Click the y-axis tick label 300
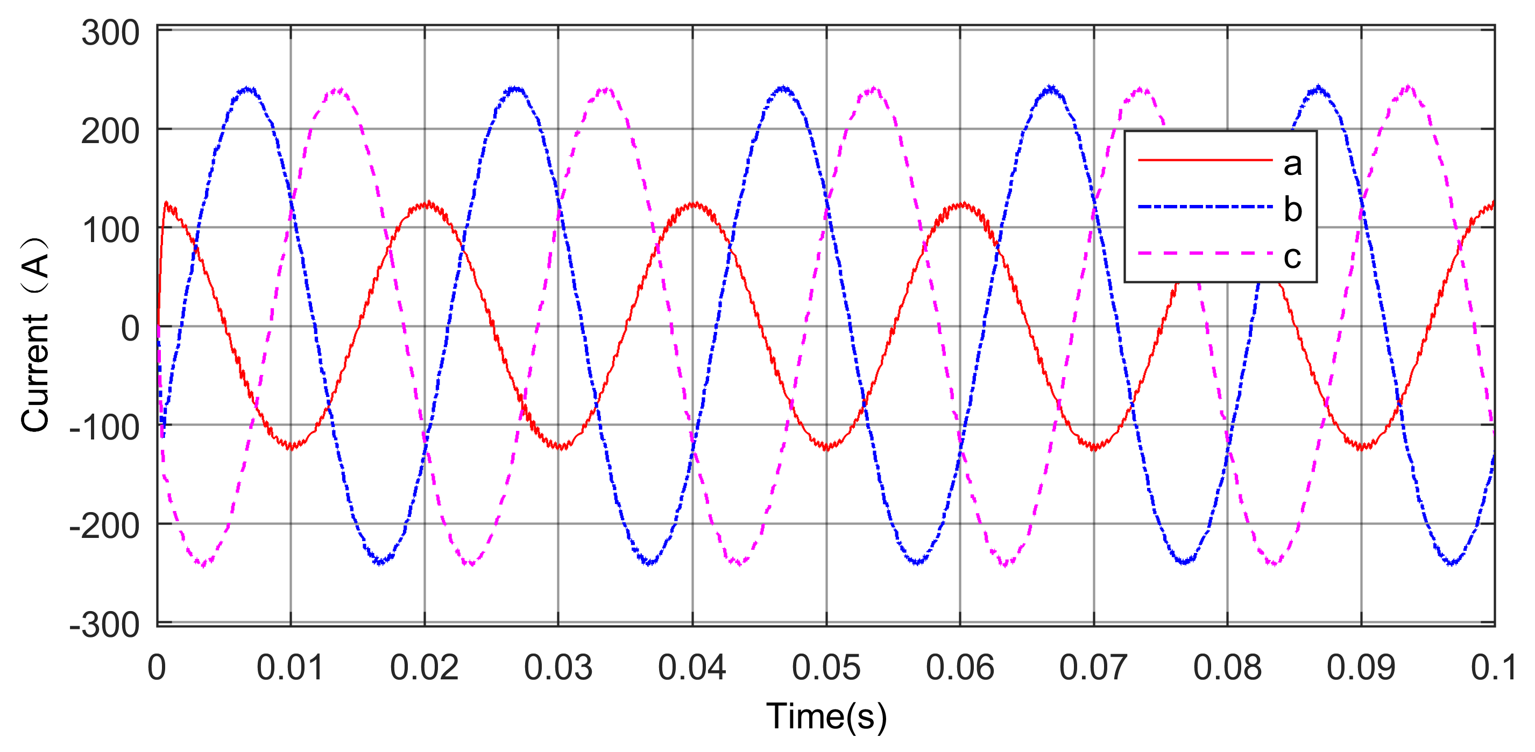point(110,33)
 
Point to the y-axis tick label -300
point(104,626)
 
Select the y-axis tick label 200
point(110,131)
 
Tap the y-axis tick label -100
point(104,427)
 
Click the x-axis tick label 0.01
point(290,668)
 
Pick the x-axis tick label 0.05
point(826,668)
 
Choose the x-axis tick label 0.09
point(1361,668)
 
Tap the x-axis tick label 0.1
point(1492,668)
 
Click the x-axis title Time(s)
point(826,716)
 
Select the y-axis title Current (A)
point(34,334)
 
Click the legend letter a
point(1292,164)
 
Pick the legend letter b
point(1292,209)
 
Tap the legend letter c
point(1292,257)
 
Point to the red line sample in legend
point(1205,160)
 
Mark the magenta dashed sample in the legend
point(1205,253)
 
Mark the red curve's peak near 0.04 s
point(694,205)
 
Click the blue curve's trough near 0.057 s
point(917,562)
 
